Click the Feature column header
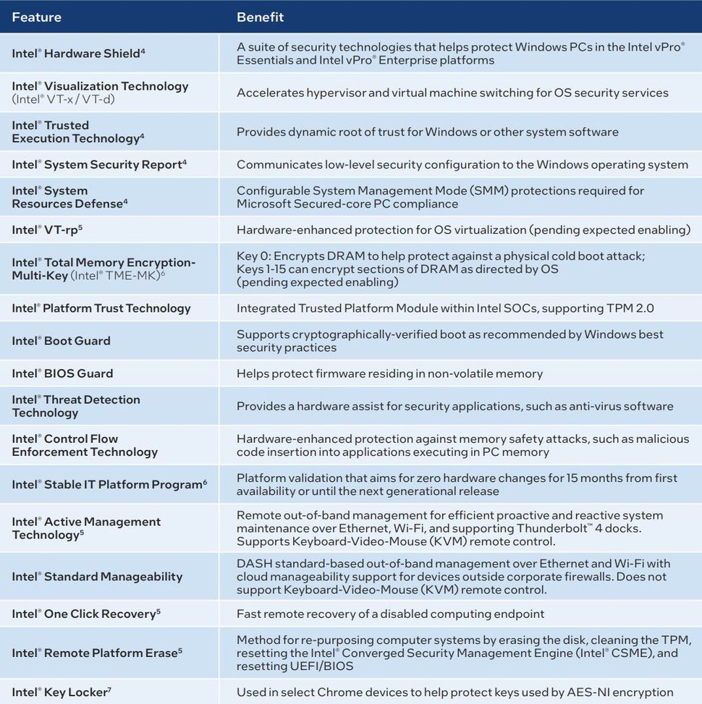(37, 17)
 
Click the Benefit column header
(260, 17)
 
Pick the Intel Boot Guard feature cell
(61, 341)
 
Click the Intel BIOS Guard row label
(62, 373)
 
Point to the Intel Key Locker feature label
(62, 692)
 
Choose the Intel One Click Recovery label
(86, 614)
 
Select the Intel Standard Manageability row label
(97, 577)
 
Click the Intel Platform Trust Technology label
(101, 308)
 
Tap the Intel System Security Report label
(99, 164)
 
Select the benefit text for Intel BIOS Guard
(389, 373)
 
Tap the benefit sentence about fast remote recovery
(390, 614)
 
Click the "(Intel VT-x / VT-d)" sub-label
(63, 99)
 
